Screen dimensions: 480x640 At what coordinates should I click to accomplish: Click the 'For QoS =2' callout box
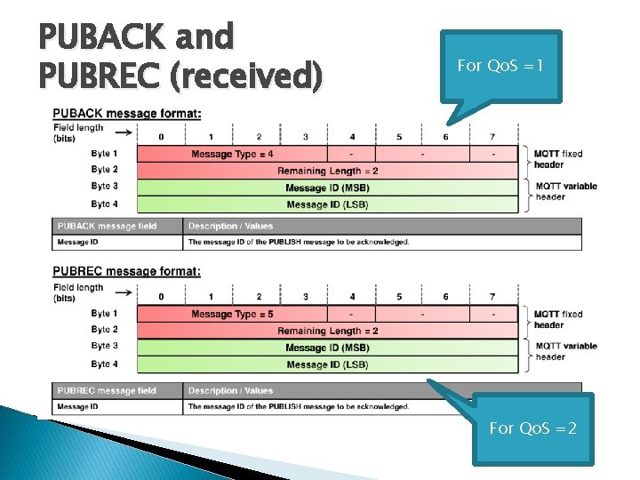(x=533, y=428)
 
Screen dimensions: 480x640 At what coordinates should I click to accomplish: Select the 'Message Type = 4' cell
(x=232, y=154)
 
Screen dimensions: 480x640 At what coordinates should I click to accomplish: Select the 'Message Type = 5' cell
(x=232, y=314)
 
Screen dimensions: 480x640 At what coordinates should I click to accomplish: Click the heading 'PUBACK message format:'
(x=126, y=113)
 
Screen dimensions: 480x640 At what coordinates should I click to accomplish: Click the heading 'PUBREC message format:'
(x=126, y=271)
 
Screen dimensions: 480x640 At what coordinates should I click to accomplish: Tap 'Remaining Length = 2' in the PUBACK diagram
(x=327, y=171)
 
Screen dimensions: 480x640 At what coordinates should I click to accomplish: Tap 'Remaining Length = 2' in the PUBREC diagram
(x=327, y=331)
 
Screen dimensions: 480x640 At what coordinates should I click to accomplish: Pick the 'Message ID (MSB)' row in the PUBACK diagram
(x=327, y=188)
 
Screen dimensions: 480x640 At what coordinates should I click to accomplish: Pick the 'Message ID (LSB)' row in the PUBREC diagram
(x=327, y=364)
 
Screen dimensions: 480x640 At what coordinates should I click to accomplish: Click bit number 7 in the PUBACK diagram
(x=492, y=137)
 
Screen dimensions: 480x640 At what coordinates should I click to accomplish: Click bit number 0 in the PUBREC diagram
(x=161, y=296)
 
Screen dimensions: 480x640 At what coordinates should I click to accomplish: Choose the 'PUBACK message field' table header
(x=107, y=226)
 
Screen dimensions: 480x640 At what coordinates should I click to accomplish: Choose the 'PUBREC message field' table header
(x=107, y=390)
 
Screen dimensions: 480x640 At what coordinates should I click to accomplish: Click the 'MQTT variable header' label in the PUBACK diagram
(x=565, y=191)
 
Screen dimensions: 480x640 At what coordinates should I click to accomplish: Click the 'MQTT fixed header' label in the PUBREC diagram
(x=558, y=319)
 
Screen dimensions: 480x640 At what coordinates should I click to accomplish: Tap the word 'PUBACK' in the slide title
(x=102, y=37)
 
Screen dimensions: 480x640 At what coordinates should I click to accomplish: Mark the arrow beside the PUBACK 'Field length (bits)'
(x=124, y=133)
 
